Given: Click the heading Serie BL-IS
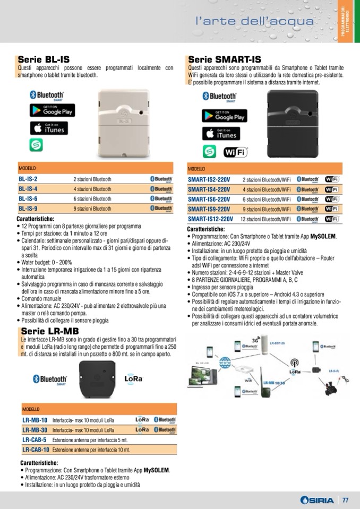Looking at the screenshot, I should [44, 59].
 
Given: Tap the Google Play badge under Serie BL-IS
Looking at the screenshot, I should [52, 110].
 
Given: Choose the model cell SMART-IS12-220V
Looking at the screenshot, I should [210, 219].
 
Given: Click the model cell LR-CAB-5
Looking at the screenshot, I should [35, 439].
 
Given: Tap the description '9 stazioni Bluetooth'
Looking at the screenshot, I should [92, 209].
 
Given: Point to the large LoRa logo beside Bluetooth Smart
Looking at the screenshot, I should [133, 379].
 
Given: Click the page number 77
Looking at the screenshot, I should [345, 500].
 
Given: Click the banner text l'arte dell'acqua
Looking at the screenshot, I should [254, 21].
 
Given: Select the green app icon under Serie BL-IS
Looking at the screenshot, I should [36, 144].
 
